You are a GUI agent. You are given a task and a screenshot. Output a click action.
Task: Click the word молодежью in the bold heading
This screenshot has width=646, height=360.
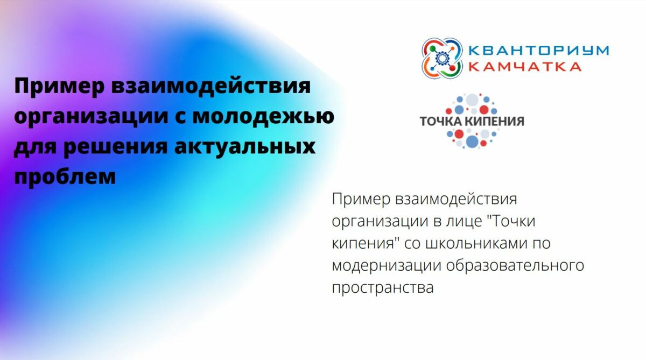tap(263, 116)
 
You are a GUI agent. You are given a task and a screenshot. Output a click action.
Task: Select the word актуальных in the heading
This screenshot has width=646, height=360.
tap(245, 146)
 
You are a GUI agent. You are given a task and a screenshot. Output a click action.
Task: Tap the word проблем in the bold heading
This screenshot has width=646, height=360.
tap(65, 177)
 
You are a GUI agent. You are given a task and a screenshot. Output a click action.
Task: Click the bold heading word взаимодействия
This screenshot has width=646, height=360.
tap(211, 86)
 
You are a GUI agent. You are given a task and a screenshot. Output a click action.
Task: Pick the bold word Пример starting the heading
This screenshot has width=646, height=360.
tap(59, 86)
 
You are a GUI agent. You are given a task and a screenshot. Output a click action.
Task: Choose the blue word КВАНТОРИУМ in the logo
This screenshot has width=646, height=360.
tap(538, 50)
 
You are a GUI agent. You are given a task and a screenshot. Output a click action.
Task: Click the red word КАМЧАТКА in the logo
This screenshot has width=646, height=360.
tap(524, 67)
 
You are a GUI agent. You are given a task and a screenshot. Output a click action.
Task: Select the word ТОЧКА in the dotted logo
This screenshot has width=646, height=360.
tap(441, 121)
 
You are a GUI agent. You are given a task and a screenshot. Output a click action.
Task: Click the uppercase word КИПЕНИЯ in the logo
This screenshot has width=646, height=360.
tap(494, 121)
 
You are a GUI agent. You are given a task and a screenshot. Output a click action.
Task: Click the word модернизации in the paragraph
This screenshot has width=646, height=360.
tap(387, 265)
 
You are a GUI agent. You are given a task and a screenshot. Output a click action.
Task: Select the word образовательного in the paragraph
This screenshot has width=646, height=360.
tap(515, 265)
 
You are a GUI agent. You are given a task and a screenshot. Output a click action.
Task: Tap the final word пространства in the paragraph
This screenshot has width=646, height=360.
tap(383, 288)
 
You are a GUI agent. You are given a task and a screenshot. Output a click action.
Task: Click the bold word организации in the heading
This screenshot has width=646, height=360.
tap(91, 116)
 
